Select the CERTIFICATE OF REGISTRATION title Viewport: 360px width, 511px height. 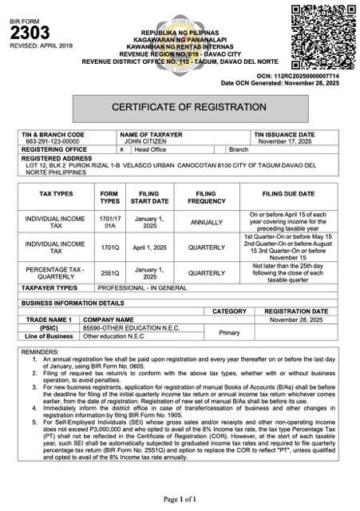click(x=179, y=106)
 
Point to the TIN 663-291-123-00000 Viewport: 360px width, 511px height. click(x=49, y=141)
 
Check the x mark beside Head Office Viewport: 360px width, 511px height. click(x=121, y=149)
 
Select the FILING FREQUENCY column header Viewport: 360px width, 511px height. click(x=206, y=197)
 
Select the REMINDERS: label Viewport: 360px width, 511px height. click(x=42, y=351)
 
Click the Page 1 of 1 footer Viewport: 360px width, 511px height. click(x=179, y=498)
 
